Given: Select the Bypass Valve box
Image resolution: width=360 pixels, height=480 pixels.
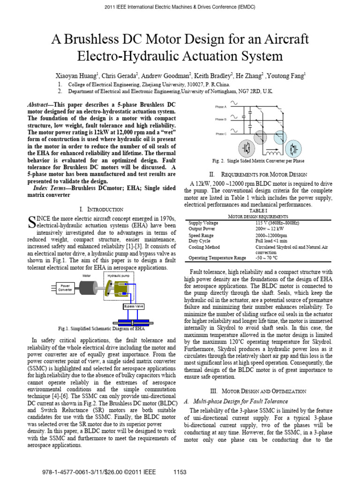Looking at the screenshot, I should [x=134, y=307].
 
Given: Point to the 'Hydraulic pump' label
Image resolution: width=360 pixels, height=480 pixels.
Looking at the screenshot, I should [x=119, y=276].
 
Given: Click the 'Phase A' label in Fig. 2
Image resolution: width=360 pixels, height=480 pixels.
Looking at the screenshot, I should [x=221, y=106].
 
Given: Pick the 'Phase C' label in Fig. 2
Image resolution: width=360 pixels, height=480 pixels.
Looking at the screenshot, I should [x=221, y=134].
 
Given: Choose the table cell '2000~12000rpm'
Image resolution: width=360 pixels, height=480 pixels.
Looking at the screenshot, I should [x=271, y=235].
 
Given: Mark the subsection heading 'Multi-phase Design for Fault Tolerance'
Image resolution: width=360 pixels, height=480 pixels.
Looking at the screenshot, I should [x=245, y=401].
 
